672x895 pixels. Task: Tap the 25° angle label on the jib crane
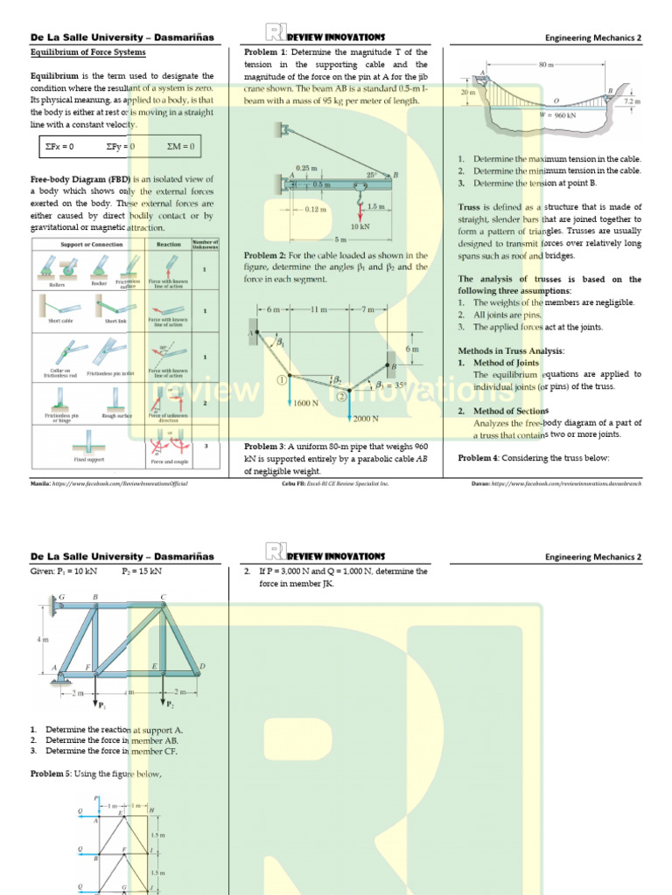(x=372, y=176)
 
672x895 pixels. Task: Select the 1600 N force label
(x=305, y=404)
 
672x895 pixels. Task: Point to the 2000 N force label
(x=366, y=419)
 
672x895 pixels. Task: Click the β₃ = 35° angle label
(x=392, y=385)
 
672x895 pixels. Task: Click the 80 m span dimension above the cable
(x=546, y=66)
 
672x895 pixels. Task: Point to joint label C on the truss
(x=164, y=598)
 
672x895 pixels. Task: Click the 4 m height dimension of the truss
(x=42, y=639)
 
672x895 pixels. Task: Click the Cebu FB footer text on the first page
(x=335, y=482)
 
